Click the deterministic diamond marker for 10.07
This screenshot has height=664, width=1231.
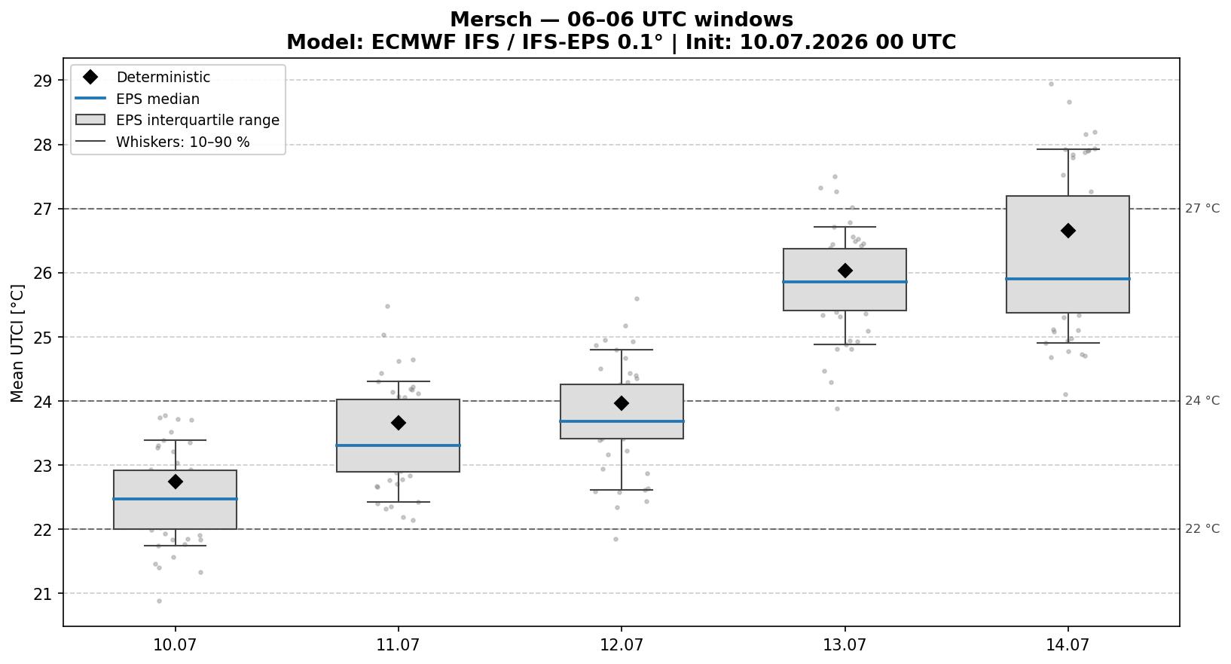pyautogui.click(x=176, y=482)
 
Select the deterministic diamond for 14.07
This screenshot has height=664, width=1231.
pyautogui.click(x=1068, y=231)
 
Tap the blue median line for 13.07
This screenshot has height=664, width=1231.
pyautogui.click(x=845, y=281)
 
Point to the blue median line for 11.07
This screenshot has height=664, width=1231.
pyautogui.click(x=398, y=445)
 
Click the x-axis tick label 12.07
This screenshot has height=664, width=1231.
pyautogui.click(x=622, y=644)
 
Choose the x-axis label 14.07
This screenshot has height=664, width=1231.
pyautogui.click(x=1068, y=644)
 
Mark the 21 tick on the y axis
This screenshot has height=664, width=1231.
pyautogui.click(x=41, y=594)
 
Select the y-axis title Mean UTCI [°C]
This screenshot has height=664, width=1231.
pyautogui.click(x=17, y=343)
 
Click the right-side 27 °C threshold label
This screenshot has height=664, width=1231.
pyautogui.click(x=1202, y=208)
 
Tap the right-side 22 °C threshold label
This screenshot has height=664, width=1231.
pyautogui.click(x=1202, y=529)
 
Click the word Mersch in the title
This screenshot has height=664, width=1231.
pyautogui.click(x=490, y=20)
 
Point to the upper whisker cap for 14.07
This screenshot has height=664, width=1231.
pyautogui.click(x=1068, y=149)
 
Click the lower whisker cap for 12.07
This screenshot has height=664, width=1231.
pyautogui.click(x=622, y=490)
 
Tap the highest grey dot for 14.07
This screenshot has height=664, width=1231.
pyautogui.click(x=1051, y=84)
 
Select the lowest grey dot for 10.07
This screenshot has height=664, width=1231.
pyautogui.click(x=160, y=601)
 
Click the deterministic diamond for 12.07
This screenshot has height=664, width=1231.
pyautogui.click(x=622, y=403)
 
